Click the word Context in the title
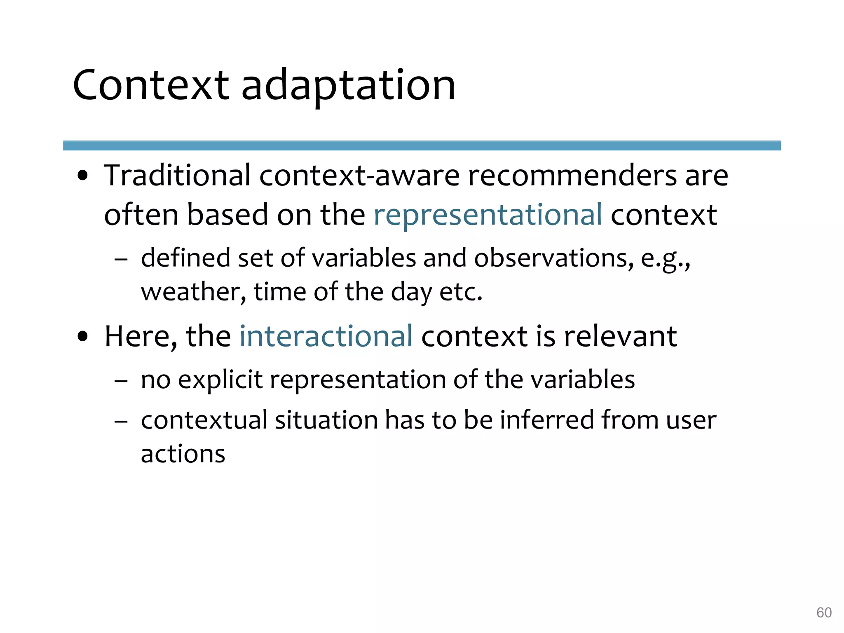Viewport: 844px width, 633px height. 150,85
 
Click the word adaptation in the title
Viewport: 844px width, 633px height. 348,85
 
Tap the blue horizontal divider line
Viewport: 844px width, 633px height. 422,145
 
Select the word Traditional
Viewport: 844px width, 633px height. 177,175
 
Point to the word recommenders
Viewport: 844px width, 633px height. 572,176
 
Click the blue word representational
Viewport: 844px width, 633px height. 488,215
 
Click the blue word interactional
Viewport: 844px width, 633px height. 326,336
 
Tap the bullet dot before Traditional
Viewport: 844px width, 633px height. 83,176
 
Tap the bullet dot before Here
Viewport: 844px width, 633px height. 83,336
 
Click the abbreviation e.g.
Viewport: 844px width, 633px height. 665,259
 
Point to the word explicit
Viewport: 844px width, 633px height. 220,380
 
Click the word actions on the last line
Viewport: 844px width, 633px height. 183,454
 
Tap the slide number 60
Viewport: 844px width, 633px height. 824,612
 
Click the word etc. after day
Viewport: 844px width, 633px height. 461,292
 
